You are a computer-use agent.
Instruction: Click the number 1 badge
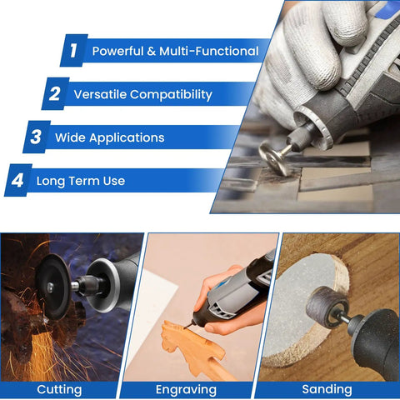[74, 50]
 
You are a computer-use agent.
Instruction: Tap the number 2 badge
[55, 93]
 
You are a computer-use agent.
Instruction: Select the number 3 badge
[37, 137]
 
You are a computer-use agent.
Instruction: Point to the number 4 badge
[17, 180]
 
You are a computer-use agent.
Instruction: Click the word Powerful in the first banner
[117, 52]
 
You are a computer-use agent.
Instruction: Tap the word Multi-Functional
[209, 51]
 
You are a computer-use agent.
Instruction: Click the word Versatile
[100, 94]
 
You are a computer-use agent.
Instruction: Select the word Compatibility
[171, 95]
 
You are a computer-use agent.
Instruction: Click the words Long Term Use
[81, 181]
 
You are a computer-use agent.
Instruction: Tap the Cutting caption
[59, 390]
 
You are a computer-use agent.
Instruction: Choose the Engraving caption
[186, 390]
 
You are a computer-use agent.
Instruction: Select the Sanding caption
[327, 389]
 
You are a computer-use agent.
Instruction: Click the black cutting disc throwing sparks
[53, 287]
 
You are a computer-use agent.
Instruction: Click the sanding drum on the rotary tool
[327, 307]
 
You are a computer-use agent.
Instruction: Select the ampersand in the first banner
[152, 52]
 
